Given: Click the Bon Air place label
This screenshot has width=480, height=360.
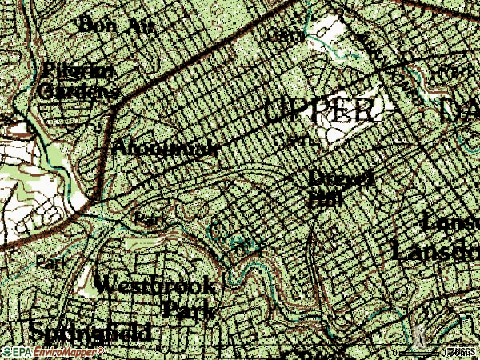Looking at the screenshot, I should [115, 25].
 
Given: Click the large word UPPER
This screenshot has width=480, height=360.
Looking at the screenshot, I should [318, 112].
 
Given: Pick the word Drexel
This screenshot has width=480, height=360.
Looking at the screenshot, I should [342, 178].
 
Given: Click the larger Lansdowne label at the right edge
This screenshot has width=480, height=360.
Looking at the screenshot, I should [435, 251].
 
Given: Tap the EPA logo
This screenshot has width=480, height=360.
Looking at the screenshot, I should [17, 353].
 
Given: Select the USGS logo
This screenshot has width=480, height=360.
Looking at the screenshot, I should [462, 353].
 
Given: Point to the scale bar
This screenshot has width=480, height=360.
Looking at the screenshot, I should [419, 352].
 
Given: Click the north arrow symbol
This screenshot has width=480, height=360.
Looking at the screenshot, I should [418, 331].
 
